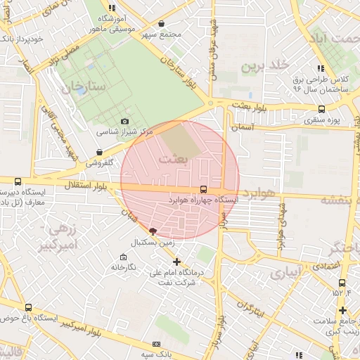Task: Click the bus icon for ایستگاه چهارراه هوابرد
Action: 203,189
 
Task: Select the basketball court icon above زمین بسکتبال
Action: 153,232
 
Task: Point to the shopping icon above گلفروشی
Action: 98,152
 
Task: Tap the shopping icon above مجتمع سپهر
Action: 161,23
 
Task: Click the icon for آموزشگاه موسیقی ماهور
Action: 112,7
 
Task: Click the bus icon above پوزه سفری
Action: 322,109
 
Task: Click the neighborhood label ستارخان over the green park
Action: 82,89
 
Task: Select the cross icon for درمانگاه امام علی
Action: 176,262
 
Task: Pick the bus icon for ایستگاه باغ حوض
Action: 28,307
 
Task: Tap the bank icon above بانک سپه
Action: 155,344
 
